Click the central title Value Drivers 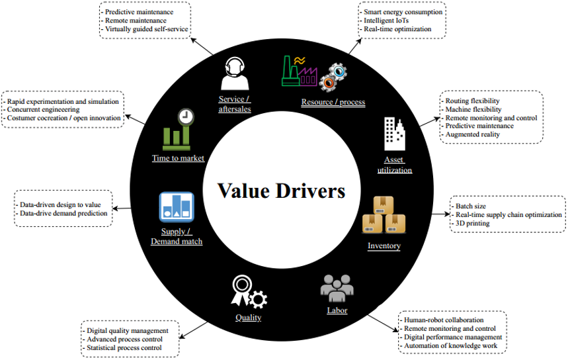(x=282, y=192)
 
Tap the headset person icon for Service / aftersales (x=235, y=72)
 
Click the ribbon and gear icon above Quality (x=247, y=292)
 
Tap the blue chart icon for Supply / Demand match (x=177, y=207)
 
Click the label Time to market (x=178, y=158)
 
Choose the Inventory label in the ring (x=384, y=246)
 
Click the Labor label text (x=337, y=310)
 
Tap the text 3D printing (x=472, y=224)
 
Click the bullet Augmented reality (x=472, y=134)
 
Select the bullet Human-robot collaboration (x=444, y=320)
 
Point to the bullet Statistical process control (x=124, y=347)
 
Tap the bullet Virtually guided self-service (x=147, y=29)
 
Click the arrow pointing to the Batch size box (x=439, y=214)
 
